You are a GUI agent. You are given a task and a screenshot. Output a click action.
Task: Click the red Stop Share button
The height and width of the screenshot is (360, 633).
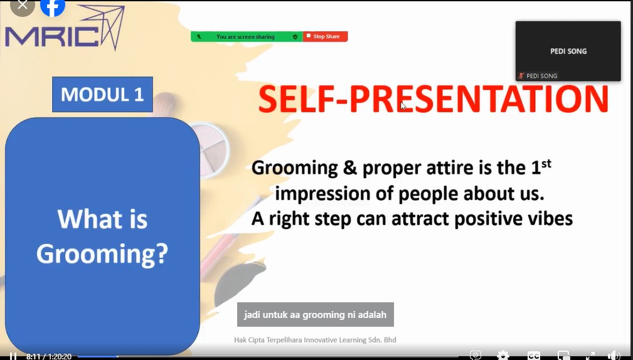(x=325, y=36)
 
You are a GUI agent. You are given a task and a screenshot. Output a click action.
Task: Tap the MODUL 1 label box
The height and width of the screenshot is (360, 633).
(x=102, y=95)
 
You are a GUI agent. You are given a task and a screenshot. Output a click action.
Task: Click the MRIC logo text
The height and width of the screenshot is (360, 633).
(x=51, y=36)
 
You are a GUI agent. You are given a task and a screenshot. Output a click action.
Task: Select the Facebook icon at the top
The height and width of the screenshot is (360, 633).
(x=53, y=7)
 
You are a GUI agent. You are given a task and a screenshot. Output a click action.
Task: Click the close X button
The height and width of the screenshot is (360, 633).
(x=23, y=6)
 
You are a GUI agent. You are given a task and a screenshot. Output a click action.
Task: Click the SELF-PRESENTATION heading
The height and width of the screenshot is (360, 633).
(x=433, y=99)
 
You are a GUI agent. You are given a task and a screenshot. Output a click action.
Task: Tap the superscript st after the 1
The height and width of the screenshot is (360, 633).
(x=546, y=164)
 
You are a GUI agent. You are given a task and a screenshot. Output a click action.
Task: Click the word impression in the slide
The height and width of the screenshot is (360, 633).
(x=322, y=194)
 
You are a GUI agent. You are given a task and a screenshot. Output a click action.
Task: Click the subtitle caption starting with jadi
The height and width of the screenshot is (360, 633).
(x=316, y=314)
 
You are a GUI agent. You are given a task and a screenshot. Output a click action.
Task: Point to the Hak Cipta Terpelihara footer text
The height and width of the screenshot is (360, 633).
(x=315, y=340)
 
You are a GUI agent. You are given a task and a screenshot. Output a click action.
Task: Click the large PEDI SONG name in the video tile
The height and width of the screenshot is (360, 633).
(x=568, y=51)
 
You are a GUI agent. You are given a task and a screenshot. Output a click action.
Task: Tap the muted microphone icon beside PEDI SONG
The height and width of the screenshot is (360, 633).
(x=521, y=75)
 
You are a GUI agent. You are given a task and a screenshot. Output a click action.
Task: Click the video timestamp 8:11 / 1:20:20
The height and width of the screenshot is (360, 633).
(x=49, y=356)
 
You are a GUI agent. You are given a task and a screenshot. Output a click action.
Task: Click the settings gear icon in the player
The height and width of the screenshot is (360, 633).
(x=503, y=355)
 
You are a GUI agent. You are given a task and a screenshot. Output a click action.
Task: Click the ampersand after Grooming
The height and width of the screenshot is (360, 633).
(x=350, y=168)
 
